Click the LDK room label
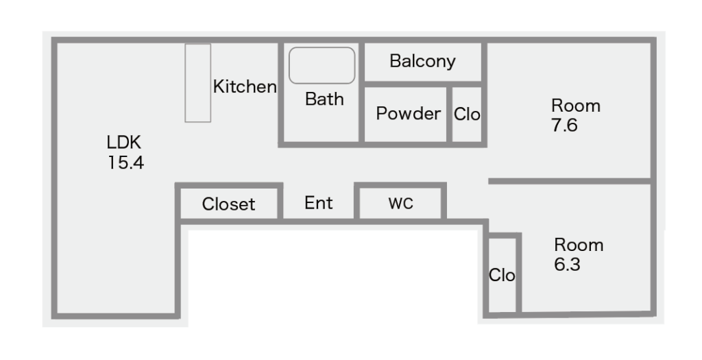(123, 143)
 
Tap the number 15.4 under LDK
(125, 163)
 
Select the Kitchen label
(245, 87)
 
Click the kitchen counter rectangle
(197, 83)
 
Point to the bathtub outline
(322, 65)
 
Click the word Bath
(324, 99)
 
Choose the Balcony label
(422, 61)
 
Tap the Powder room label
(408, 113)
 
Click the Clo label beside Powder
(467, 115)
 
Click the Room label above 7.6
(576, 106)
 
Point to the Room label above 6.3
(579, 245)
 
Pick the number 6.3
(567, 265)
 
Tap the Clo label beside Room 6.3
(502, 276)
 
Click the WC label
(400, 204)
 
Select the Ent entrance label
(319, 203)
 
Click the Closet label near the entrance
(228, 204)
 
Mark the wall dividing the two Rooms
(569, 181)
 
